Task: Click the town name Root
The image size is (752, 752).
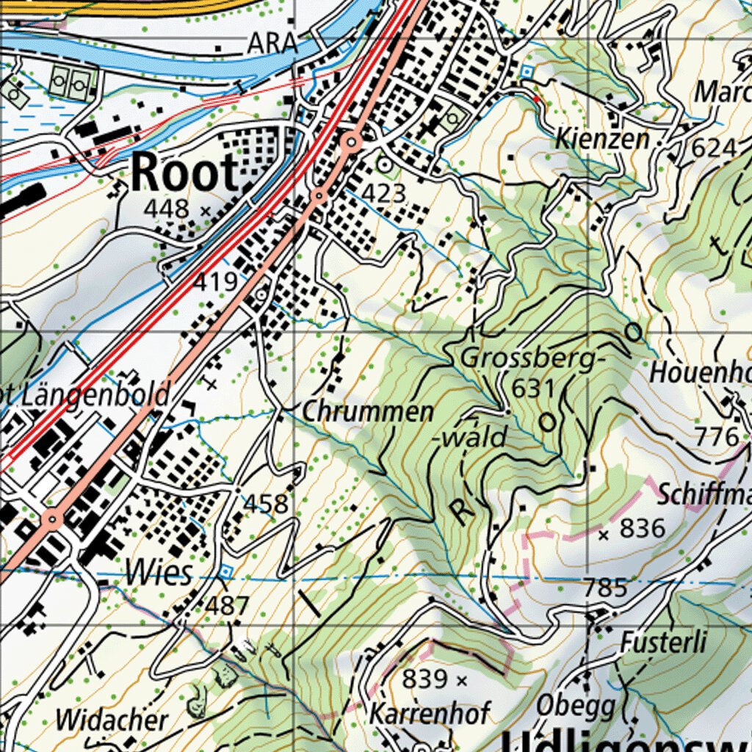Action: click(x=185, y=173)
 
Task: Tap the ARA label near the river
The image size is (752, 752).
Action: click(x=272, y=44)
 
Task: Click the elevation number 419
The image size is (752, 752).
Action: click(x=217, y=281)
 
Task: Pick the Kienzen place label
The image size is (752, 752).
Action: click(x=602, y=139)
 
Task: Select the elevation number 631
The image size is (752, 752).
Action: click(x=533, y=388)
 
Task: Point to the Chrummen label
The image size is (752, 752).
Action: click(x=368, y=412)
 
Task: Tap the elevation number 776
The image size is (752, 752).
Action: click(x=717, y=437)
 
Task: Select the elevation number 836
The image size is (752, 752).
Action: click(x=643, y=528)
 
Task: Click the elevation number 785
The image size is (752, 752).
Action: click(x=606, y=587)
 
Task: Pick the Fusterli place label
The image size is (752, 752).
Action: click(x=663, y=643)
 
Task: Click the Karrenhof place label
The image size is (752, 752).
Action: click(x=429, y=712)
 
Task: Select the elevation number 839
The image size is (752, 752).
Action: click(x=425, y=680)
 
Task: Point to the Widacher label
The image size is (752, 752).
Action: click(x=112, y=720)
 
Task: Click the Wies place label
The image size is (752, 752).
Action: click(x=158, y=573)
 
